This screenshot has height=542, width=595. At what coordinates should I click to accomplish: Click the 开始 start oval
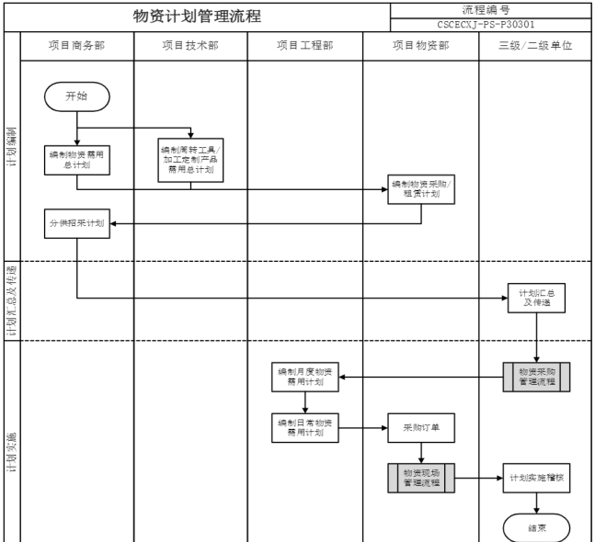point(77,95)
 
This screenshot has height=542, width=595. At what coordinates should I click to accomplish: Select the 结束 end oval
point(536,527)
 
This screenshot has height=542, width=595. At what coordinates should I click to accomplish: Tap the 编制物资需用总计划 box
point(77,160)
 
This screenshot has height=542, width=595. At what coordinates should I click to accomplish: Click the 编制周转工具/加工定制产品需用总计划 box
point(190,159)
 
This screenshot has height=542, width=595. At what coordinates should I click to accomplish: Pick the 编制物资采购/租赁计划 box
point(421,188)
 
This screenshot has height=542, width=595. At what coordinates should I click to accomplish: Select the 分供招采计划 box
point(77,223)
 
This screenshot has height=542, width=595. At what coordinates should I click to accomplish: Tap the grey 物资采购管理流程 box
point(536,377)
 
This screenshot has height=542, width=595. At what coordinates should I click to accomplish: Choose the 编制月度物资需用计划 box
point(306,377)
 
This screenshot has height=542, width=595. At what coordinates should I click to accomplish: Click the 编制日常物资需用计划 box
point(306,427)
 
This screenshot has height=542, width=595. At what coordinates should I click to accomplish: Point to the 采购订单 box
point(421,427)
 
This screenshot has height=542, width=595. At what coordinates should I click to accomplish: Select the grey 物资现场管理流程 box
point(421,478)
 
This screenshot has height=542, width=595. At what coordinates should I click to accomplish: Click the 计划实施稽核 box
point(536,478)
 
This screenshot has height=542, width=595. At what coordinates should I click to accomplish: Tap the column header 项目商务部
point(77,45)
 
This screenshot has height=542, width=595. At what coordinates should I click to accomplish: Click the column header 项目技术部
point(190,45)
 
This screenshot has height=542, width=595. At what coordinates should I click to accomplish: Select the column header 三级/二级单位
point(536,45)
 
